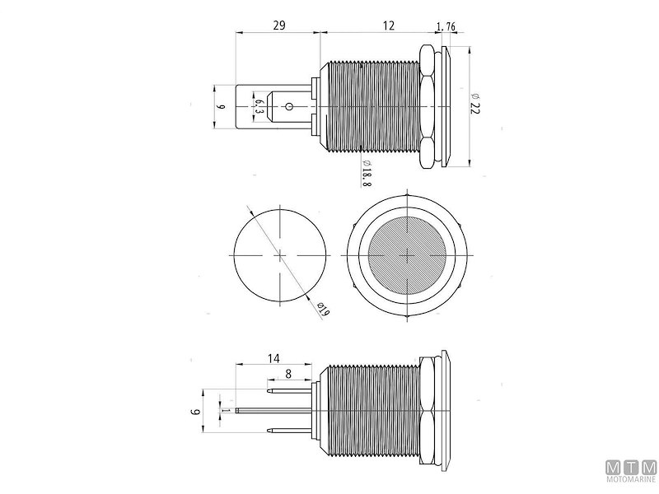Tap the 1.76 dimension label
447,26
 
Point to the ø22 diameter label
475,105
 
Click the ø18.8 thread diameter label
365,172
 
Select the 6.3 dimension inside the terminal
258,106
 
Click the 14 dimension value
274,357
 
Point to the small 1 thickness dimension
225,409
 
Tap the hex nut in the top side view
428,105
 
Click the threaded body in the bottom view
371,408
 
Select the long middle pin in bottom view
272,409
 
